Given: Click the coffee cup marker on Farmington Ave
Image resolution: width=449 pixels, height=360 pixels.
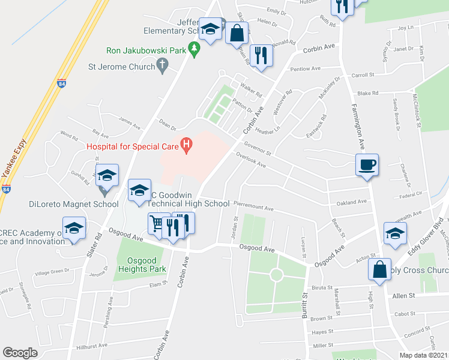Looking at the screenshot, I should coord(367,164).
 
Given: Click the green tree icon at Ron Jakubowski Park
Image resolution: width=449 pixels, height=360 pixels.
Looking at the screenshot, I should coord(193,47).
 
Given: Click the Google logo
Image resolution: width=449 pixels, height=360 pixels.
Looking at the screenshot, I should coord(20,352).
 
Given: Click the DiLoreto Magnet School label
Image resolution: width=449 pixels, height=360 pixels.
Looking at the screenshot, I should coord(74,204).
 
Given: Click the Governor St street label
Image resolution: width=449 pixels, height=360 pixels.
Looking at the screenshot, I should coord(258,148).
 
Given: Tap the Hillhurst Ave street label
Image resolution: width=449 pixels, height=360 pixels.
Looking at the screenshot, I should coord(92,346).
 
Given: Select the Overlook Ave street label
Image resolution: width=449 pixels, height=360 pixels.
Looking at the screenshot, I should coord(251,161).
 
